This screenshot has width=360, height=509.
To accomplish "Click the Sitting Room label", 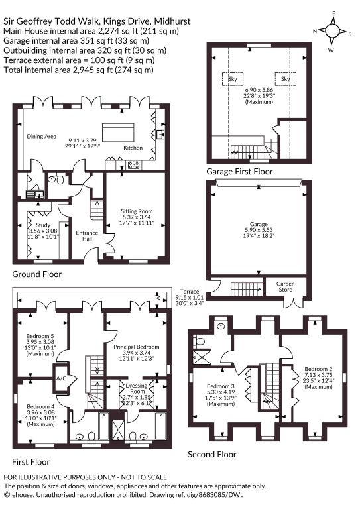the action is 137,211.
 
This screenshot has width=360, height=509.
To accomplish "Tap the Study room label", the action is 43,225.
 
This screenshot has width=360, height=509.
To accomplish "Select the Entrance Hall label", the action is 87,236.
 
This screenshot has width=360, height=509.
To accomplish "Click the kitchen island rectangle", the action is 118,131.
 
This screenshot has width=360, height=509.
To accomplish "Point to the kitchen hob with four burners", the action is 134,165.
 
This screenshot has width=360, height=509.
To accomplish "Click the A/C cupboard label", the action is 61,378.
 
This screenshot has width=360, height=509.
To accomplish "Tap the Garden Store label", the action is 285,286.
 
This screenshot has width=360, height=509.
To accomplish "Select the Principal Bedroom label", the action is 137,347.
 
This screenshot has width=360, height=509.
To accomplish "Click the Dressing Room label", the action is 137,388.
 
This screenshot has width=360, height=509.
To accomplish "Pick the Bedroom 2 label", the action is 318,369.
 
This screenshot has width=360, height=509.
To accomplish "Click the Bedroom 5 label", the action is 40,336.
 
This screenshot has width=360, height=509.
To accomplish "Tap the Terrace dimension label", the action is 190,297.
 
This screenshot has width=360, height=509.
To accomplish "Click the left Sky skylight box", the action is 233,79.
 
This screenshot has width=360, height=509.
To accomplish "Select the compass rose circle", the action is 332,31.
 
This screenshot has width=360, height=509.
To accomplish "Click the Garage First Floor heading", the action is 239,172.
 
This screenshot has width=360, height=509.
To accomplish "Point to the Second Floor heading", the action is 211,455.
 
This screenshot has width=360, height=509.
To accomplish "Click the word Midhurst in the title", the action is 172,21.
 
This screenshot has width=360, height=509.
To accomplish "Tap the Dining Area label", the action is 41,137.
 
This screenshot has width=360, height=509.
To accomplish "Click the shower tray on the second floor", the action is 202,358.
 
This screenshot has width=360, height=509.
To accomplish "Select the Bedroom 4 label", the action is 40,406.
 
